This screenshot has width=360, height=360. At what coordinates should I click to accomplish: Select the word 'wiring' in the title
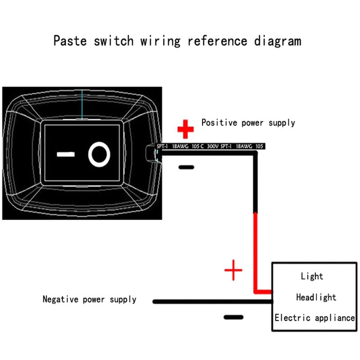tap(161, 41)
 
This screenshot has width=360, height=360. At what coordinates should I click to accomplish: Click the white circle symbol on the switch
tap(99, 155)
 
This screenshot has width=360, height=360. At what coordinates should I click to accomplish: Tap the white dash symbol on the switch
tap(65, 155)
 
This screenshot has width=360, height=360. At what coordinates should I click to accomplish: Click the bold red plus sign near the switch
tap(185, 129)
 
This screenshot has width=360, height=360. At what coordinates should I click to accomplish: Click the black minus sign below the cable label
tap(186, 167)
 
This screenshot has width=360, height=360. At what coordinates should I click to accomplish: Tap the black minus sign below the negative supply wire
tap(233, 317)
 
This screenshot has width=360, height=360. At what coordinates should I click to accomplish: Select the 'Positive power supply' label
tap(248, 122)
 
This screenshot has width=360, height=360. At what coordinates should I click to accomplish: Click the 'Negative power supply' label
tap(90, 299)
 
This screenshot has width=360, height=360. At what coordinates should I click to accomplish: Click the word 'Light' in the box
tap(312, 276)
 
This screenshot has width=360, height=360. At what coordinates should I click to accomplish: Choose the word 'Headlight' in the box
tap(316, 297)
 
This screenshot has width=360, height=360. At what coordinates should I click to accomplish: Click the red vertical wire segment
tap(256, 252)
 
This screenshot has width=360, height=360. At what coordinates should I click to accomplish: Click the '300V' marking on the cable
tap(212, 146)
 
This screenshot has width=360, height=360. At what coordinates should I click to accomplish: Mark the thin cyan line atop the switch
tap(82, 105)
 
